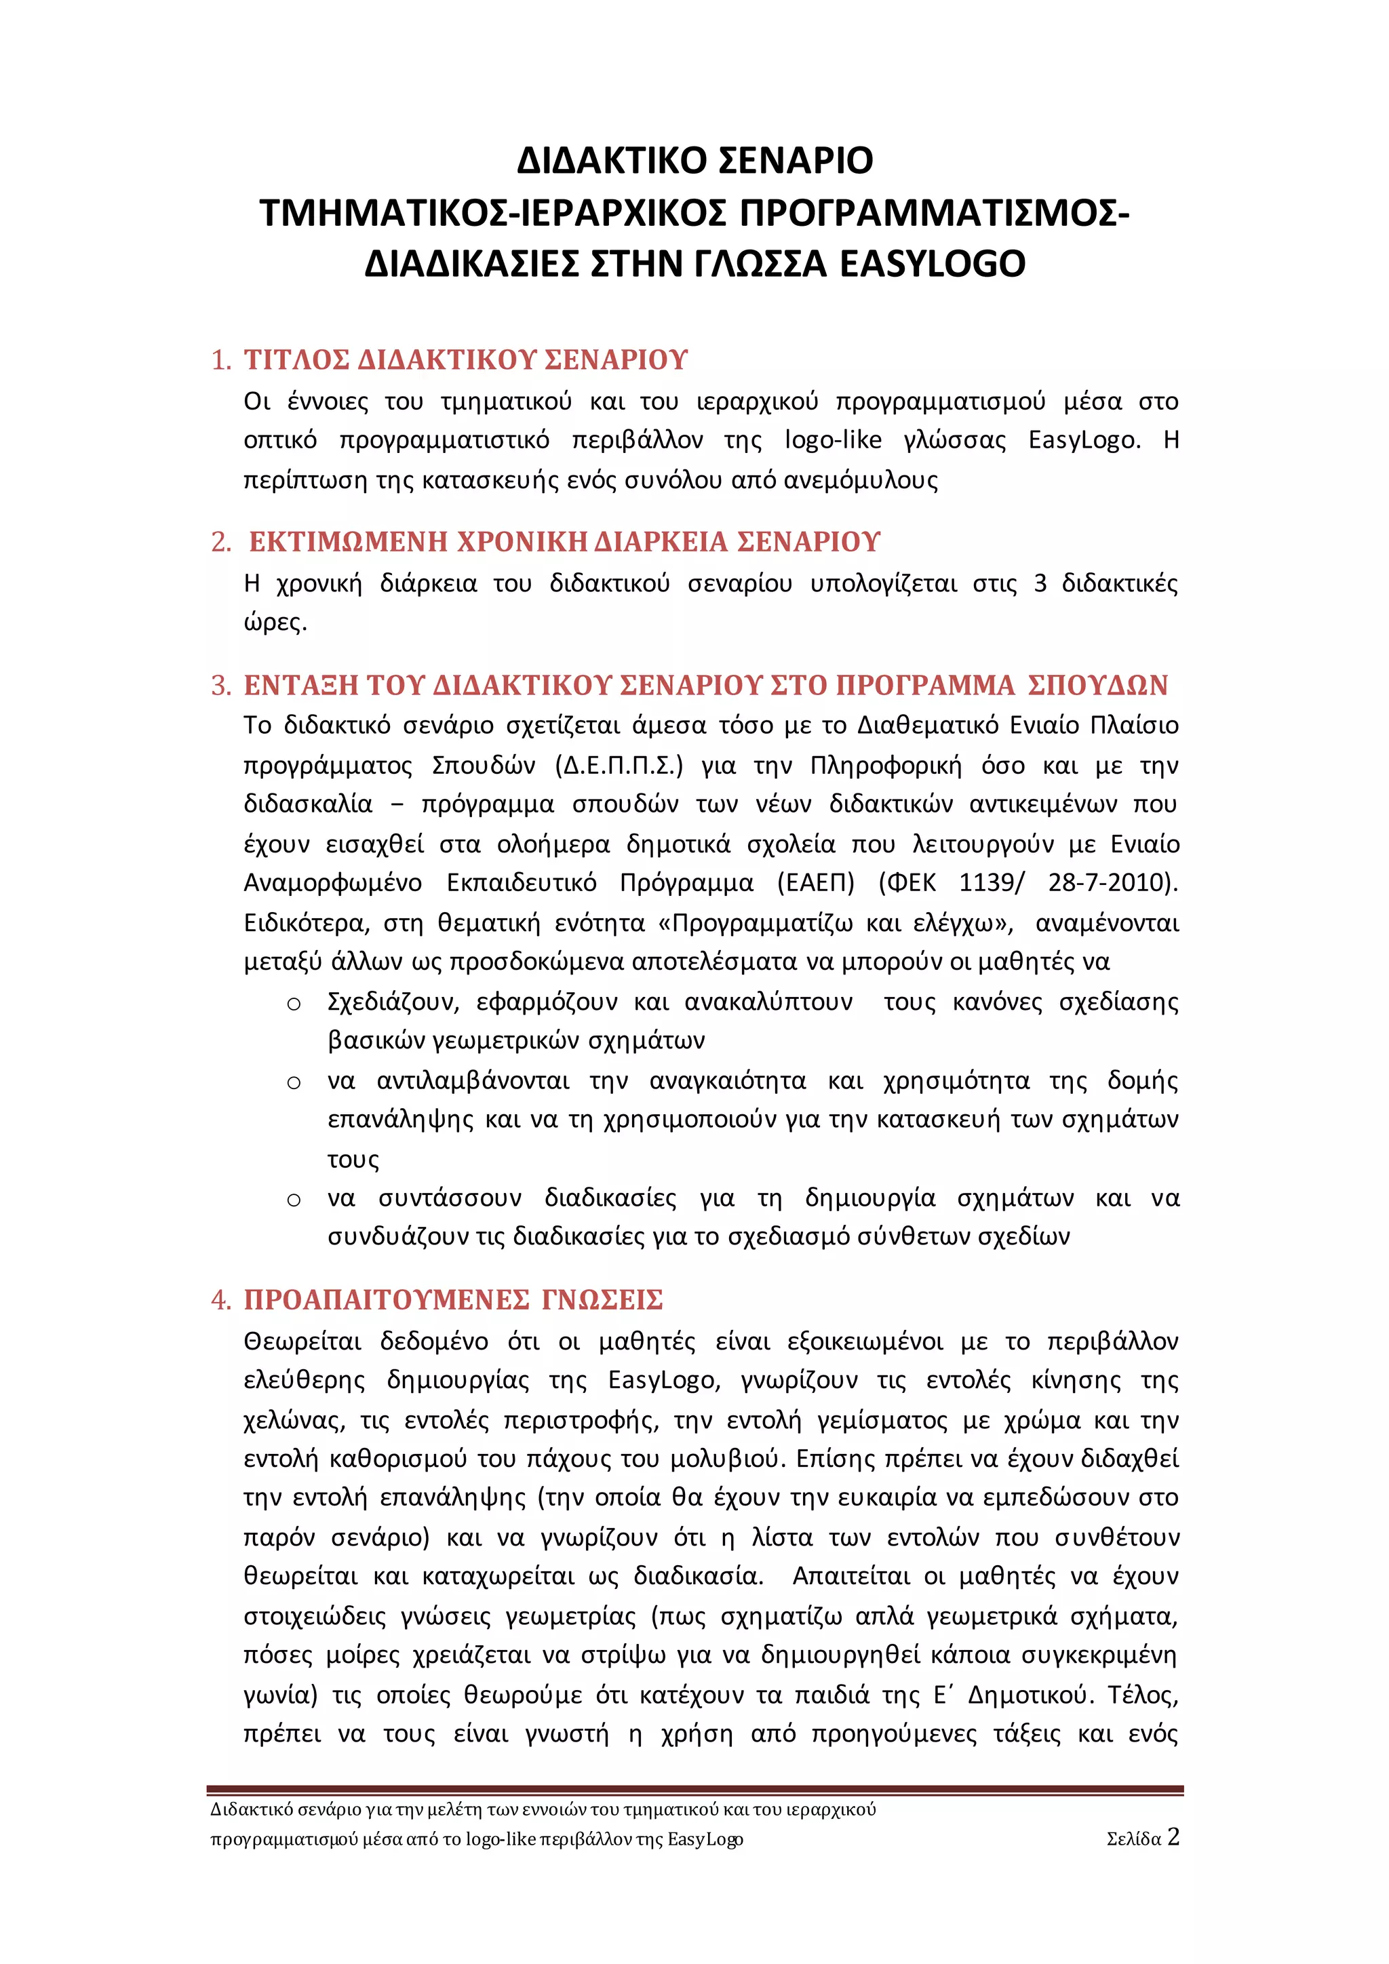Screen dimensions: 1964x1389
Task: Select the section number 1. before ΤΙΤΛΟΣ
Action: pos(222,360)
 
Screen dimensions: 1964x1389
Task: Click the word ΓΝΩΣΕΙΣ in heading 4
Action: pos(602,1300)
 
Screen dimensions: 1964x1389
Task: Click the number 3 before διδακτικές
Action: pos(1040,583)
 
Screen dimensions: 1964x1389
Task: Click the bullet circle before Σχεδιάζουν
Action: pos(294,1004)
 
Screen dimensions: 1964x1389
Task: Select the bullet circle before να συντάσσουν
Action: pos(294,1200)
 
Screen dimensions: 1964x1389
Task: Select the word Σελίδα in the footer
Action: pos(1133,1839)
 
